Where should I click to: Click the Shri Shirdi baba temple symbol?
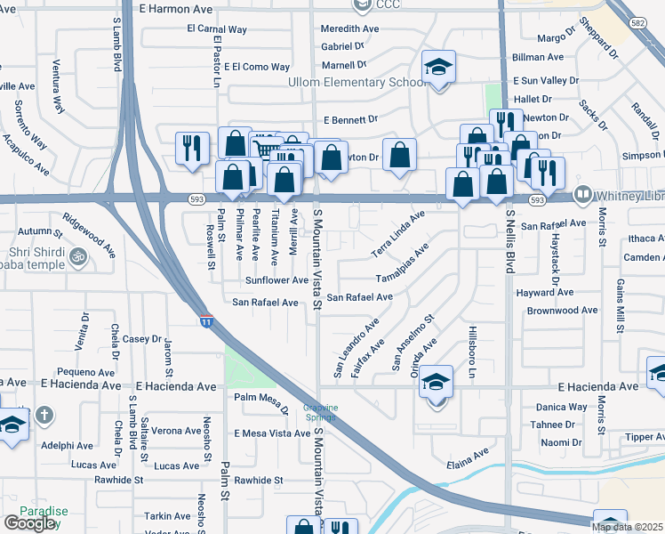pos(77,255)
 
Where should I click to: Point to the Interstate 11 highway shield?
pos(206,321)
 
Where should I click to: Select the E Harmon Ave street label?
pos(176,8)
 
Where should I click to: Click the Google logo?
pos(29,523)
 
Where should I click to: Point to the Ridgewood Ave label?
pos(89,235)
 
